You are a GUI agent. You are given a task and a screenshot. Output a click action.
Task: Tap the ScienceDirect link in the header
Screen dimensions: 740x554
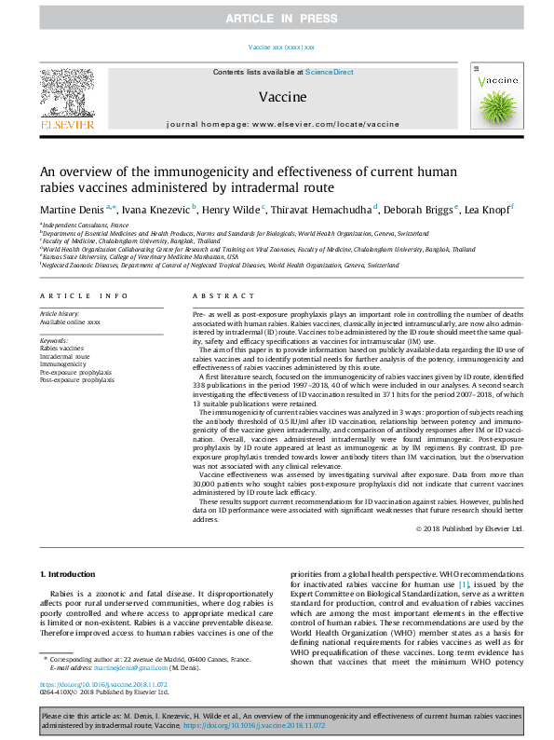coord(330,72)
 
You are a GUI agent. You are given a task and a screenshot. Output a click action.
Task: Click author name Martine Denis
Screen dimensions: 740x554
coord(72,212)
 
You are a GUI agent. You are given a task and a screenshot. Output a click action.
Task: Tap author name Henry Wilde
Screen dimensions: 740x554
coord(231,212)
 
